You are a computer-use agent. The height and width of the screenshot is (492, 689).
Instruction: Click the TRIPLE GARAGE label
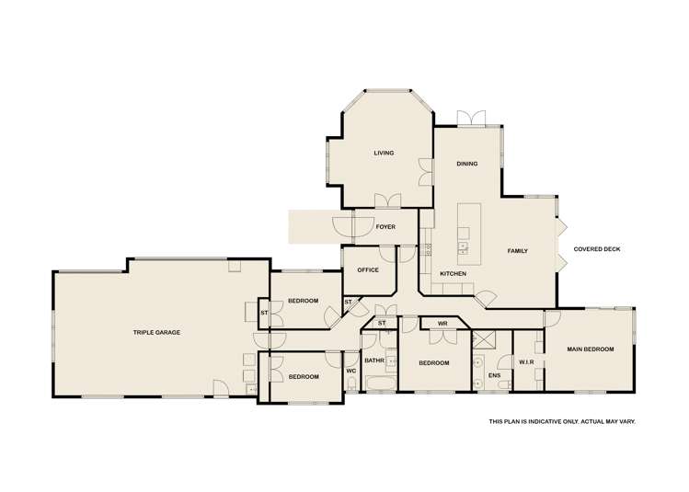(x=155, y=332)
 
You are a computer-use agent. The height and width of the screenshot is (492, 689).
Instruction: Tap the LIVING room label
(x=384, y=154)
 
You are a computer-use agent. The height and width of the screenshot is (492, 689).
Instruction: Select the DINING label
(x=467, y=164)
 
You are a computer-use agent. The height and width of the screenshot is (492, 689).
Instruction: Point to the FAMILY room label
(x=517, y=251)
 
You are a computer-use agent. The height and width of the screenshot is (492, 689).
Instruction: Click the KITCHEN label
(x=453, y=274)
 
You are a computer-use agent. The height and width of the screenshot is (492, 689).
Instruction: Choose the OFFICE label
(x=368, y=270)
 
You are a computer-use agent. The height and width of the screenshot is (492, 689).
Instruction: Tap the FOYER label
(x=385, y=225)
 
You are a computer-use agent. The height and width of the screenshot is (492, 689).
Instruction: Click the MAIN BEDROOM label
(x=590, y=349)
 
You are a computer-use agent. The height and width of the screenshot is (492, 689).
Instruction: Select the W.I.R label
(x=525, y=362)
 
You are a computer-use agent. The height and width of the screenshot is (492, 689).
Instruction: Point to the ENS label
(x=495, y=375)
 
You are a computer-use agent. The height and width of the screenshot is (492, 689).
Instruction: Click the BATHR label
(x=373, y=360)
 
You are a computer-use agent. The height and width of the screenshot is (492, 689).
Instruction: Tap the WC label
(x=350, y=371)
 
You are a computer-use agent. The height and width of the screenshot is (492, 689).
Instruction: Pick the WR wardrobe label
(x=442, y=324)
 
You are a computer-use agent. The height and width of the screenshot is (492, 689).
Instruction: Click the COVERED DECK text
(x=594, y=249)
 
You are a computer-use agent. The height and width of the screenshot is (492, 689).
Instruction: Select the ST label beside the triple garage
(x=264, y=313)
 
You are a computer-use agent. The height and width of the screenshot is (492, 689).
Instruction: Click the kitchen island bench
(x=464, y=229)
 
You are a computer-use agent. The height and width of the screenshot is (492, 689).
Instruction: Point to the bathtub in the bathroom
(x=378, y=383)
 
